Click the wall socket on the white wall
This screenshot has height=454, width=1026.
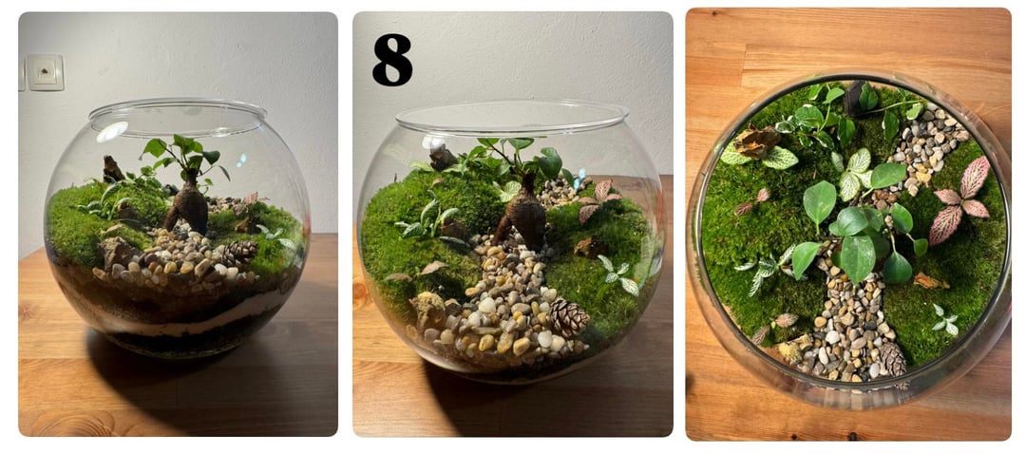pyautogui.click(x=46, y=72)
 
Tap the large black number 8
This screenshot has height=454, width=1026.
pyautogui.click(x=392, y=60)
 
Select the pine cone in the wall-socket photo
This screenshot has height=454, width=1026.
pyautogui.click(x=240, y=252)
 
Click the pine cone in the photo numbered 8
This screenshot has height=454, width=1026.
pyautogui.click(x=568, y=318)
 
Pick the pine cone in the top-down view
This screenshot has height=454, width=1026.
pyautogui.click(x=892, y=358)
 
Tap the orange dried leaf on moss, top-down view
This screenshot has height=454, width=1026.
pyautogui.click(x=930, y=281)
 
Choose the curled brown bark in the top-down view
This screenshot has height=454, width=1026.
pyautogui.click(x=756, y=141)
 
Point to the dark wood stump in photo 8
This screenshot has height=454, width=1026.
pyautogui.click(x=443, y=158)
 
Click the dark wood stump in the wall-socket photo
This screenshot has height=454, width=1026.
pyautogui.click(x=112, y=169)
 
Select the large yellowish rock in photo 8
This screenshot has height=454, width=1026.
pyautogui.click(x=427, y=310)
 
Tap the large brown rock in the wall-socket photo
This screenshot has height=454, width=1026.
pyautogui.click(x=117, y=253)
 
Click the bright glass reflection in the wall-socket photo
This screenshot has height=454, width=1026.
pyautogui.click(x=112, y=131)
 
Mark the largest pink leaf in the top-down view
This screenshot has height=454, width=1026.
pyautogui.click(x=975, y=176)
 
